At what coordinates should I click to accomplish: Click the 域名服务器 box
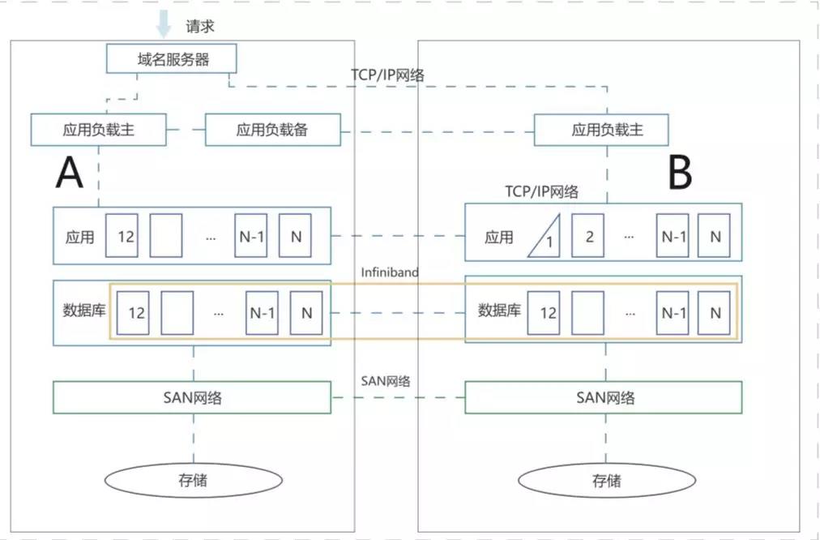(172, 58)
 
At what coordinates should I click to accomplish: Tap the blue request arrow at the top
(164, 24)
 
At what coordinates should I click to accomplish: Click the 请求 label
(200, 27)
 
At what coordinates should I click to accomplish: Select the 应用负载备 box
(272, 130)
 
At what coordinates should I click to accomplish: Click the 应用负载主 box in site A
(98, 130)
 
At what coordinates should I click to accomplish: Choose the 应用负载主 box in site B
(601, 130)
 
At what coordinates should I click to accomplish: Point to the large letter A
(69, 173)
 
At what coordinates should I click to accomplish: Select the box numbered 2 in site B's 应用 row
(587, 235)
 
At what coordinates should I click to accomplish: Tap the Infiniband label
(390, 272)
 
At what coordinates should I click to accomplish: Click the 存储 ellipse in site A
(194, 480)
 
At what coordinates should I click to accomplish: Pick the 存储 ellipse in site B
(607, 480)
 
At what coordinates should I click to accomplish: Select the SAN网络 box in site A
(192, 397)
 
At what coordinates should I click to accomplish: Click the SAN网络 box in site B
(604, 397)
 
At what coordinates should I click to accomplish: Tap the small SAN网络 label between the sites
(386, 381)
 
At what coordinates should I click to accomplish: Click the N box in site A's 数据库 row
(306, 313)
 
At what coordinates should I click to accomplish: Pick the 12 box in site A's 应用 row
(122, 235)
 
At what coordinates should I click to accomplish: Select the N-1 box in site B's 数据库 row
(673, 313)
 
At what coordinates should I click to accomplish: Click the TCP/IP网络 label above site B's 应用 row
(541, 191)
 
